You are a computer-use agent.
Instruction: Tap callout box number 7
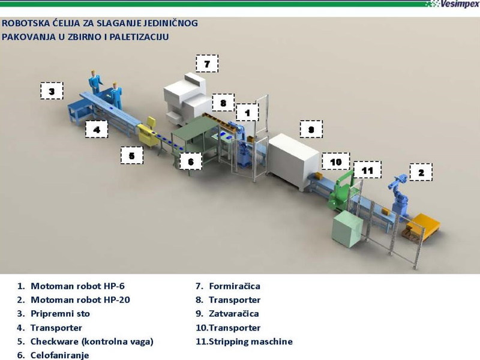(207, 64)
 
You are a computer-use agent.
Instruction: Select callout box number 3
(52, 91)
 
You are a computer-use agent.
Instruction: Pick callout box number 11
(367, 170)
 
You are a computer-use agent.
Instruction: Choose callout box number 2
(421, 172)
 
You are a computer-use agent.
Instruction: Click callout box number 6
(190, 161)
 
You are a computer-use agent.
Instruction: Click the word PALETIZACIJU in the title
(137, 37)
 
